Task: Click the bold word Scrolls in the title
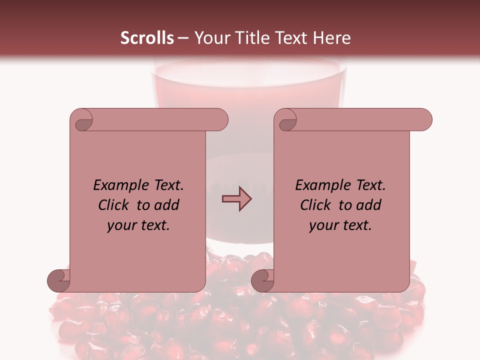click(x=147, y=38)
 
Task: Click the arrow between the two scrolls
click(x=236, y=199)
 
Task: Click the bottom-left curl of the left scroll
click(x=58, y=280)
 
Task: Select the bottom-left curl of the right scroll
click(x=262, y=280)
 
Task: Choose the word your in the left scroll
click(x=120, y=226)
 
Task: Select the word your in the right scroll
click(x=322, y=226)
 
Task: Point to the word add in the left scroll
click(x=167, y=205)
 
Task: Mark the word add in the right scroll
click(x=369, y=205)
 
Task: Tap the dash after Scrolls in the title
click(x=183, y=38)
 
